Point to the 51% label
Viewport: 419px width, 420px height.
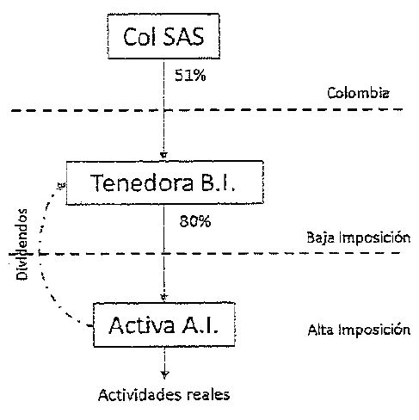pyautogui.click(x=190, y=76)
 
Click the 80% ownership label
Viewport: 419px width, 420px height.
pyautogui.click(x=195, y=221)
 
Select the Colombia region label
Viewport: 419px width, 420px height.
pyautogui.click(x=358, y=93)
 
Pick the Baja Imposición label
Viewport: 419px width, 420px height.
pyautogui.click(x=359, y=238)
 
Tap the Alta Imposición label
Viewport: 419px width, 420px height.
pyautogui.click(x=359, y=330)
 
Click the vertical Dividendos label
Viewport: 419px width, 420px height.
pyautogui.click(x=22, y=244)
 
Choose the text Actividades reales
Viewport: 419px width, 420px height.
pyautogui.click(x=163, y=395)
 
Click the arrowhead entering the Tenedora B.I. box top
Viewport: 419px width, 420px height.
pyautogui.click(x=163, y=156)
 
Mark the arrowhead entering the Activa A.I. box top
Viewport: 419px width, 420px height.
pyautogui.click(x=163, y=297)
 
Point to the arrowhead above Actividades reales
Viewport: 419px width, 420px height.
pyautogui.click(x=164, y=374)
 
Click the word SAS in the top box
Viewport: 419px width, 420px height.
pyautogui.click(x=184, y=36)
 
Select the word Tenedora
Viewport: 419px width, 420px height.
pyautogui.click(x=142, y=182)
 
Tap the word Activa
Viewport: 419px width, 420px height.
pyautogui.click(x=142, y=325)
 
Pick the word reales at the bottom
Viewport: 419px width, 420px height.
pyautogui.click(x=208, y=395)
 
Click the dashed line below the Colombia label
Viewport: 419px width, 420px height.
pyautogui.click(x=206, y=109)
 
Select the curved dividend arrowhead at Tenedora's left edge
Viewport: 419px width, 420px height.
pyautogui.click(x=62, y=185)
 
